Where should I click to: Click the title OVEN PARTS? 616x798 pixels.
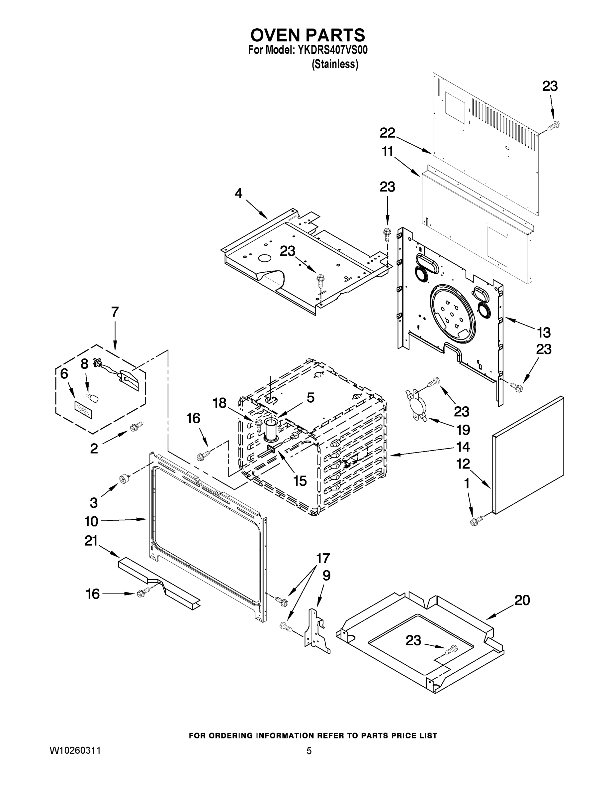point(307,35)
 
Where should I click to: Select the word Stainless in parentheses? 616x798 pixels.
point(335,64)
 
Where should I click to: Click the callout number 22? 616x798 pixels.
point(387,133)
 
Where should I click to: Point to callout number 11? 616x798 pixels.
point(387,151)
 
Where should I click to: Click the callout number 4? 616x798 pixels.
point(238,193)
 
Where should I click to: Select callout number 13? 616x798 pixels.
point(543,332)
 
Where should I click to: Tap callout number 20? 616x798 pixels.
point(522,600)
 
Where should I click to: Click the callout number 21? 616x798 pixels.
point(91,541)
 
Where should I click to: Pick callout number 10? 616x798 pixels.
point(91,521)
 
